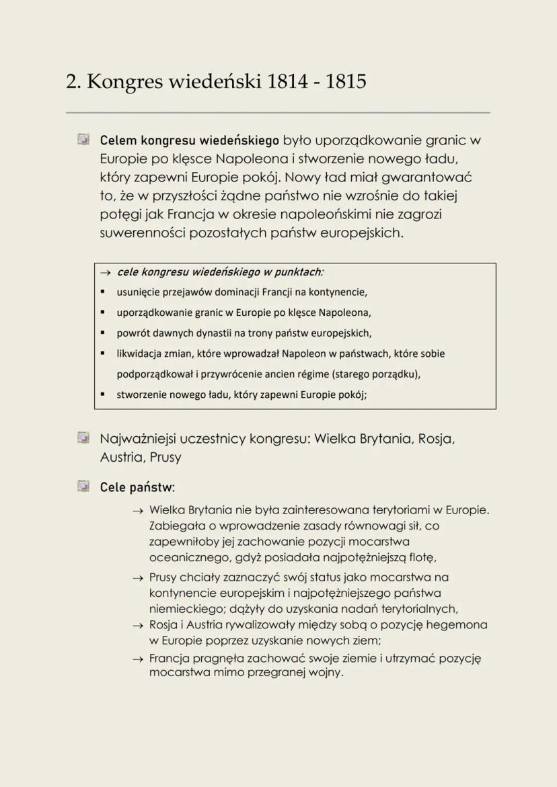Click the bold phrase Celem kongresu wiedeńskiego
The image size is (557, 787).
click(x=189, y=142)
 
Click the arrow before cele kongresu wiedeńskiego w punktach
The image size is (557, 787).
click(x=106, y=273)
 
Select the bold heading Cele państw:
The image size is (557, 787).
click(x=137, y=486)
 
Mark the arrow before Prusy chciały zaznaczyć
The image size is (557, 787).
click(x=138, y=578)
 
